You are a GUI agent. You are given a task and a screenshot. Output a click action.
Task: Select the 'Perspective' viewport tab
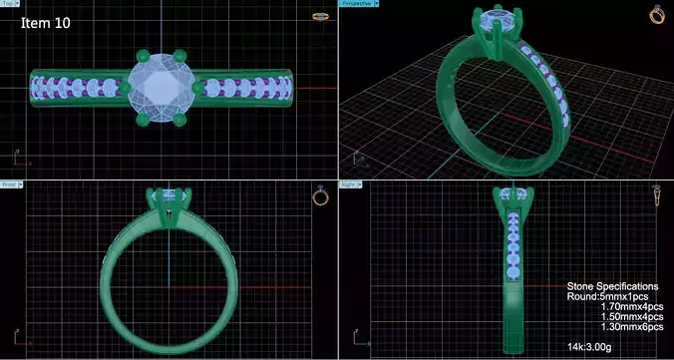point(357,4)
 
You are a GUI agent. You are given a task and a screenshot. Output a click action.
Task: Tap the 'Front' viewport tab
point(10,184)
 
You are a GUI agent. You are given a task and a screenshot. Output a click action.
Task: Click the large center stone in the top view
point(161,88)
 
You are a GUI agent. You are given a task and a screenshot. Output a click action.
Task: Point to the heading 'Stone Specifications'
point(612,286)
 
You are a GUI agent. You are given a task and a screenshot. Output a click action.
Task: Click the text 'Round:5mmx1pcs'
point(611,297)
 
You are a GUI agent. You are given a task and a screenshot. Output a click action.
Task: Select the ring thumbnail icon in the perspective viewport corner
point(657,14)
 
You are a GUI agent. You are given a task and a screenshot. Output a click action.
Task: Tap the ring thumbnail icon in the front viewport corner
point(320,195)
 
